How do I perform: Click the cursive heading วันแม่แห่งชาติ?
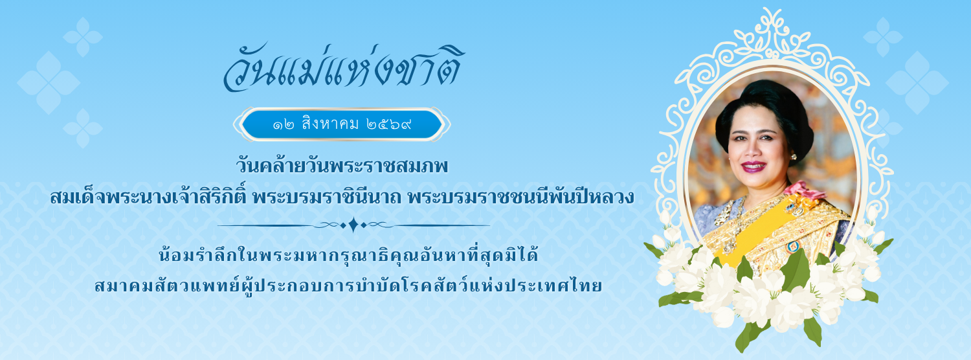point(343,68)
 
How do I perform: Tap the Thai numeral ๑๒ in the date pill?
point(284,126)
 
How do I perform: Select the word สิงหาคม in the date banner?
point(331,124)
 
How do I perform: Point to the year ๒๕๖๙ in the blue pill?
point(389,125)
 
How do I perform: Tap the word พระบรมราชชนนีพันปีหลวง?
point(521,196)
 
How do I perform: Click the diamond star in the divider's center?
point(353,225)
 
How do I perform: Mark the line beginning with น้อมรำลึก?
point(348,254)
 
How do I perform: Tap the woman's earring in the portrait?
point(794,157)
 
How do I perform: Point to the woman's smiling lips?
point(753,166)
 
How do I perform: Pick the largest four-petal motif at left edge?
point(49,83)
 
